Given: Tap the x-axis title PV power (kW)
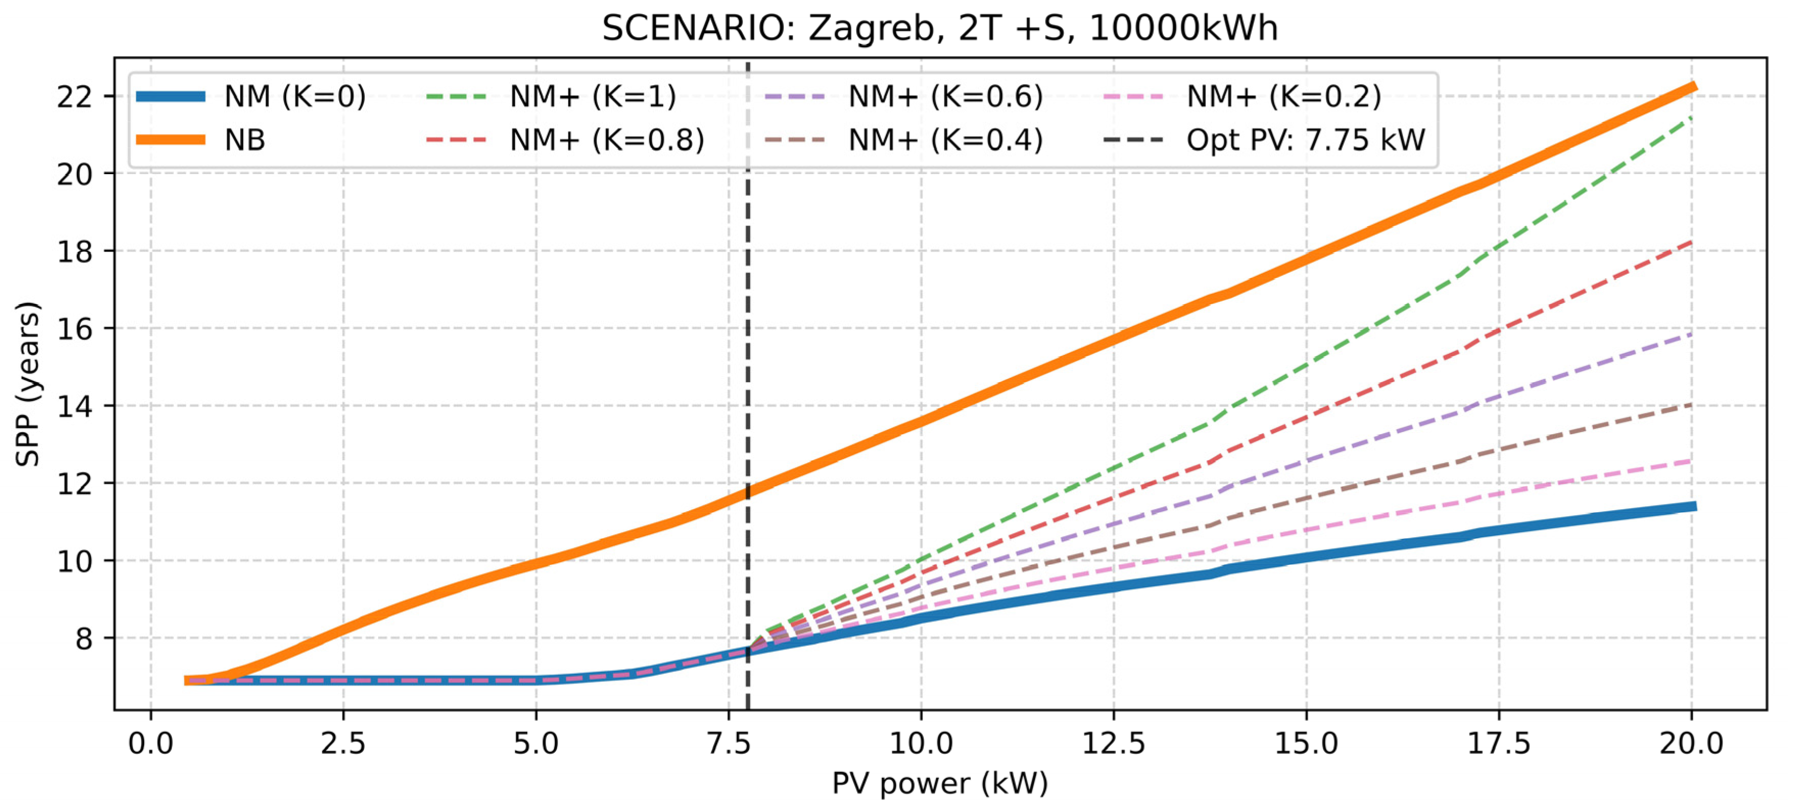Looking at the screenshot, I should coord(939,783).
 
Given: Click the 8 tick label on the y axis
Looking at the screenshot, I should coord(84,638).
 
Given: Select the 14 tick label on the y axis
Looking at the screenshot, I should coord(75,406).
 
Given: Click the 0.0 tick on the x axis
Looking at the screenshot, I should coord(151,744).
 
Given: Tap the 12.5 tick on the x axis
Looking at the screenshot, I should coord(1113,744).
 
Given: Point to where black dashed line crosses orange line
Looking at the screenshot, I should coord(748,492).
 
